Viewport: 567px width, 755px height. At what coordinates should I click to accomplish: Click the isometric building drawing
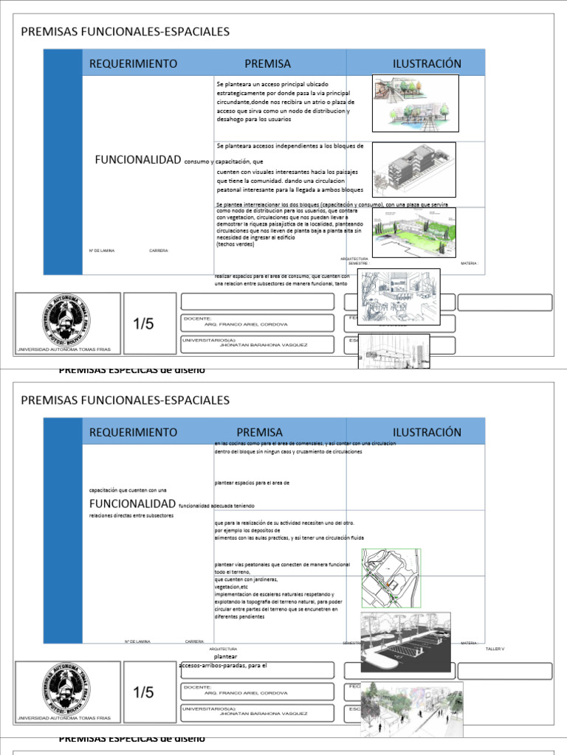coord(413,170)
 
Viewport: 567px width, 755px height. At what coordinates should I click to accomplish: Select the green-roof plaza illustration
coord(413,232)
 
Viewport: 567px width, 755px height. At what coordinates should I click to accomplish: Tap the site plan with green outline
coord(391,578)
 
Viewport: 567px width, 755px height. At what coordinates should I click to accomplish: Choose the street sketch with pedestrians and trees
coord(411,709)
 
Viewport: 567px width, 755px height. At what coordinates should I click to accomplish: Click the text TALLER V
coord(495,648)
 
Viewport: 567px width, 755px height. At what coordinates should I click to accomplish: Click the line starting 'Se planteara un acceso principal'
coord(272,84)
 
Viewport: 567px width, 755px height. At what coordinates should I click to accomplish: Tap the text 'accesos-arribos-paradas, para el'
coord(222,666)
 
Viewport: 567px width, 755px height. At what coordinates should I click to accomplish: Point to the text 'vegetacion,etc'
coord(227,587)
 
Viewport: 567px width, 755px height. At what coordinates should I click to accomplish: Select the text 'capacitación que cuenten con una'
coord(128,490)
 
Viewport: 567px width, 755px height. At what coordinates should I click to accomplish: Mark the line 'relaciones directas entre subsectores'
coord(131,515)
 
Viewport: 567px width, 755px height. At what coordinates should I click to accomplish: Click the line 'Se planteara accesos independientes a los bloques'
coord(289,146)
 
